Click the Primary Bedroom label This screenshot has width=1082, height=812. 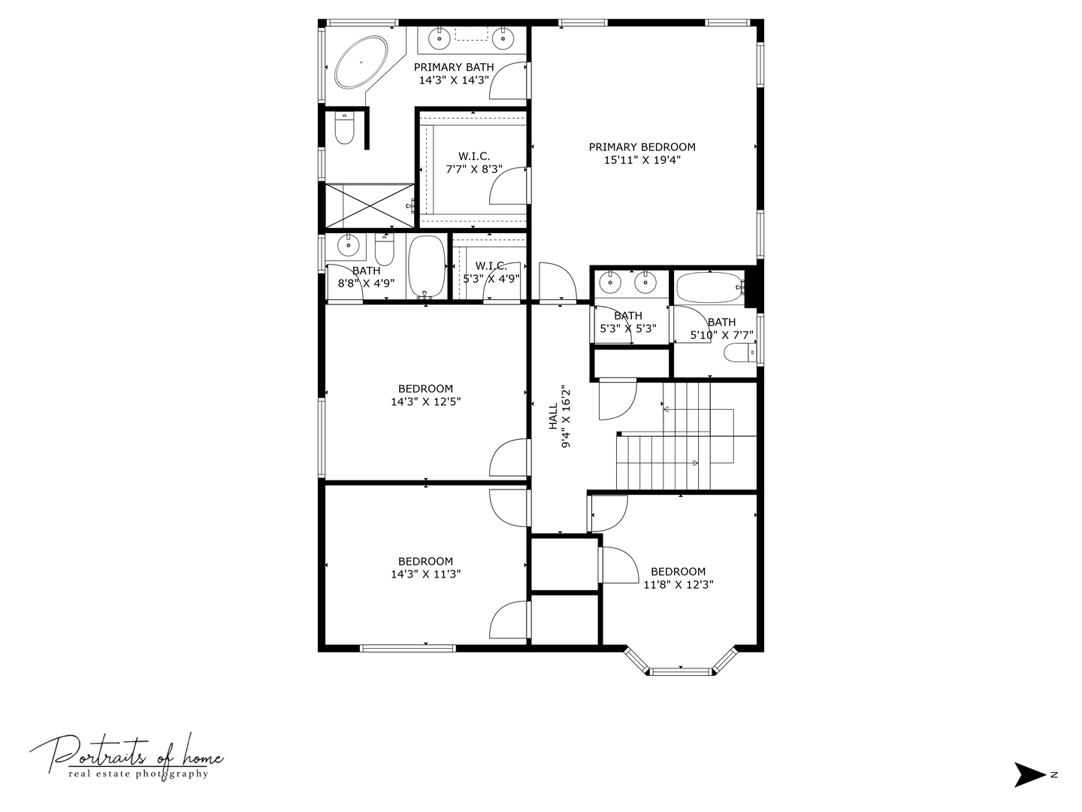[x=642, y=147]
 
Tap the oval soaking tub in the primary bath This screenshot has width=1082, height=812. [x=361, y=62]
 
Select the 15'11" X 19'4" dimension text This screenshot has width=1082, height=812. [x=642, y=160]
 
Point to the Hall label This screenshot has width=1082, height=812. [x=553, y=416]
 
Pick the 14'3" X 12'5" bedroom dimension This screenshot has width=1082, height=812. [x=425, y=401]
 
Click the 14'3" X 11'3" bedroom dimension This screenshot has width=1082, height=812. [x=425, y=574]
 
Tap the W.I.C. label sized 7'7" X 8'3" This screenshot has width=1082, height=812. [x=473, y=156]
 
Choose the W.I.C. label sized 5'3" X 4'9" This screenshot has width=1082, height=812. [x=491, y=265]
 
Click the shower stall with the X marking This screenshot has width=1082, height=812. [x=367, y=205]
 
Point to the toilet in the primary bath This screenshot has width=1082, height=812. [x=345, y=128]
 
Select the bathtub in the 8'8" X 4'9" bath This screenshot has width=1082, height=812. [x=426, y=267]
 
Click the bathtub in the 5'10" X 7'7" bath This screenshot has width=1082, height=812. [x=707, y=286]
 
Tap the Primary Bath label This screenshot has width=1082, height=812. [x=454, y=67]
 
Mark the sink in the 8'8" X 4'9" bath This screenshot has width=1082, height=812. [x=348, y=244]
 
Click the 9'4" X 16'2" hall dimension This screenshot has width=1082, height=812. [x=567, y=417]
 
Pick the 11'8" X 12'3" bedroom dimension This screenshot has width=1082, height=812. [x=679, y=584]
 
